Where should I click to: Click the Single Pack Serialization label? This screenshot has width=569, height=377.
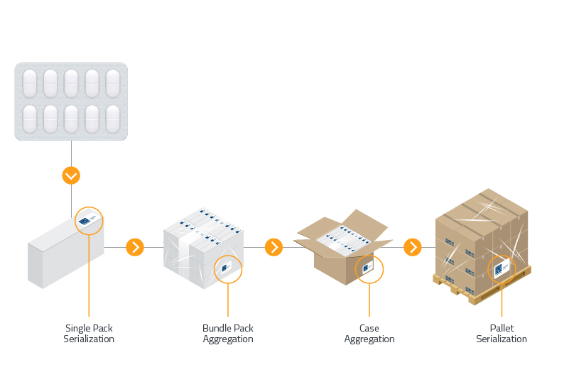tap(89, 334)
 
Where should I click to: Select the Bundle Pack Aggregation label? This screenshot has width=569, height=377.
tap(228, 334)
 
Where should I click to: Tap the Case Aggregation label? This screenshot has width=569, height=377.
tap(369, 334)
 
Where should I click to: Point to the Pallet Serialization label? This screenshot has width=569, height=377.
tap(502, 334)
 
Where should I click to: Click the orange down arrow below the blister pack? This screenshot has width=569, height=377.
tap(71, 175)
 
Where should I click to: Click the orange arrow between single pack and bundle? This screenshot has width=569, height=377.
tap(135, 247)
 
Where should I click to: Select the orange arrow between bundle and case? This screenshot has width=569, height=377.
tap(273, 247)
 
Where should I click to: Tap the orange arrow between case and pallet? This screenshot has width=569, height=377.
tap(413, 247)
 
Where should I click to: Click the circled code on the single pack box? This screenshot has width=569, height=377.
tap(89, 222)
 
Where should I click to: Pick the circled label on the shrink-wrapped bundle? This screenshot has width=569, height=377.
tap(228, 269)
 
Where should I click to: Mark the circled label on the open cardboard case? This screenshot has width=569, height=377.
tap(369, 269)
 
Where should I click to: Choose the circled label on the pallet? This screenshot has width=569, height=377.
tap(502, 269)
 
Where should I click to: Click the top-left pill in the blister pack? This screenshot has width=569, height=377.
tap(30, 83)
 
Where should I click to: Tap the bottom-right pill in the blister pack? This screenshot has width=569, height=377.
tap(113, 119)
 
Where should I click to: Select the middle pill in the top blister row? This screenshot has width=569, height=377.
tap(71, 83)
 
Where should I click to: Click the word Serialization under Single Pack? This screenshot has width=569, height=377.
tap(89, 339)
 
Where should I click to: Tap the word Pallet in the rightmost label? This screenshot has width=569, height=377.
tap(502, 329)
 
